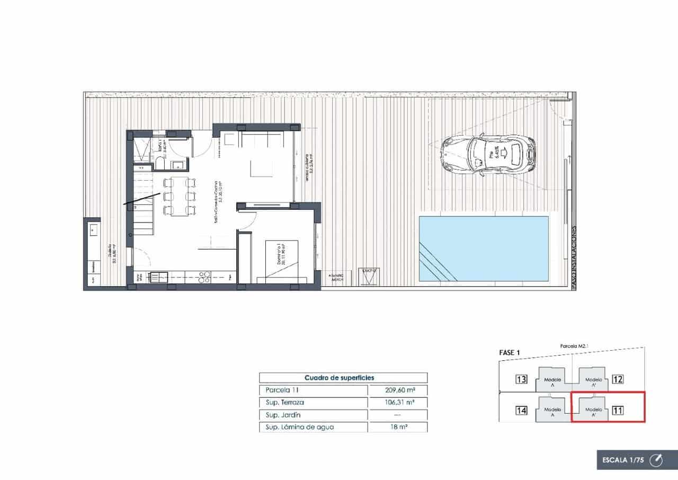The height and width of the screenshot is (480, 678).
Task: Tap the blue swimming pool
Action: (484, 248)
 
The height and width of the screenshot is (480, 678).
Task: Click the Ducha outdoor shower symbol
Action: (369, 275)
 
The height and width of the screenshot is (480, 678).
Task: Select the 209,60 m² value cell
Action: (398, 390)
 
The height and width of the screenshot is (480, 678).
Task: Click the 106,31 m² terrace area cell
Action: (398, 402)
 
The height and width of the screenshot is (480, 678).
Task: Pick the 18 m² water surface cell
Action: (398, 427)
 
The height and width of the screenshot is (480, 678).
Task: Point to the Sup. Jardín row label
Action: (283, 415)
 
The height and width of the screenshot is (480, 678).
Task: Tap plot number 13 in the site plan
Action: (522, 379)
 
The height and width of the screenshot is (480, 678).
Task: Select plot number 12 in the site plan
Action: (618, 379)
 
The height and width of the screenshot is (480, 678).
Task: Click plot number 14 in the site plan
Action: (522, 410)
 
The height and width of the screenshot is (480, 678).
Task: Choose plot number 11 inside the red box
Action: (618, 410)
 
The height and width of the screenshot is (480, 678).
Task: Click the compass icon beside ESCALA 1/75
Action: (656, 460)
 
